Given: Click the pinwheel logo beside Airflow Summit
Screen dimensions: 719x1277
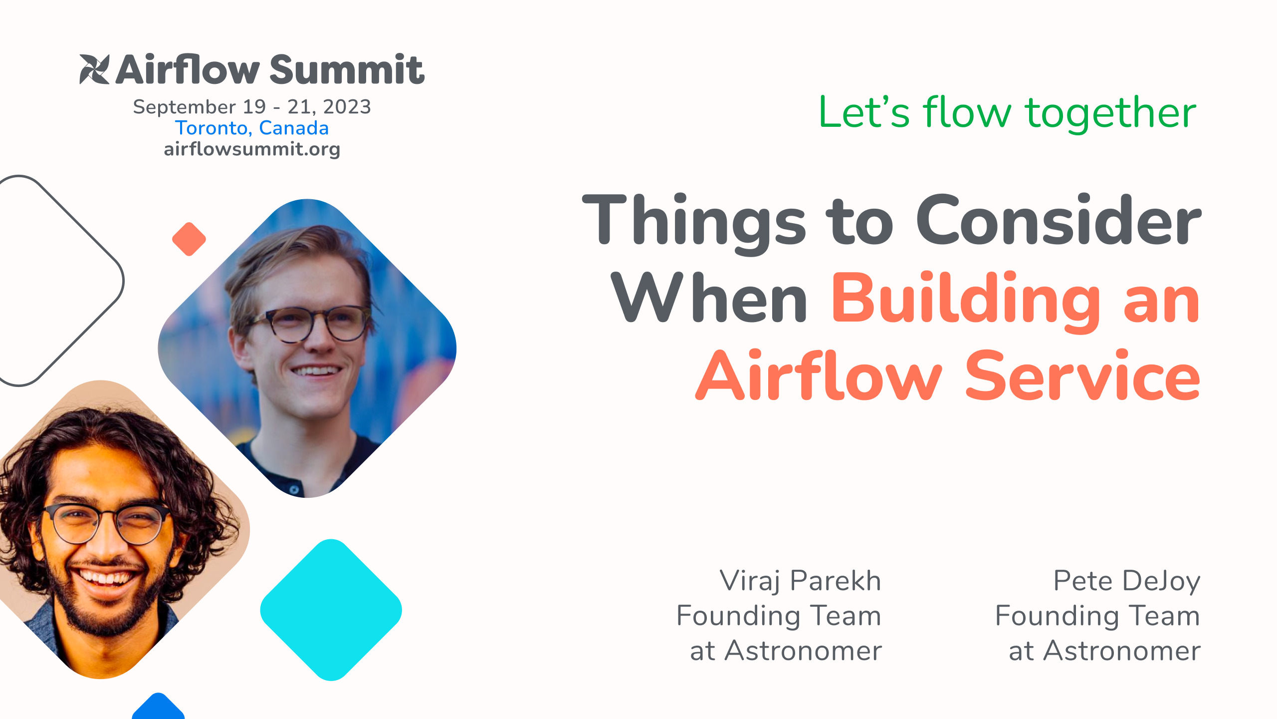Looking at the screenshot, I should click(94, 69).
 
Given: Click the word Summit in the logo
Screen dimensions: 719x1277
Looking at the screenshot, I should click(347, 70).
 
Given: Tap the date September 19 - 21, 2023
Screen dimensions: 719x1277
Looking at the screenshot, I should click(252, 107).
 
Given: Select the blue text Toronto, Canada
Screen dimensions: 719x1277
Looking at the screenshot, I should click(252, 128).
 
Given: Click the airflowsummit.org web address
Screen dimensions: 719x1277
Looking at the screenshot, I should click(252, 149).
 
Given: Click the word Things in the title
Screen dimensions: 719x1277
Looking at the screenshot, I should click(693, 221).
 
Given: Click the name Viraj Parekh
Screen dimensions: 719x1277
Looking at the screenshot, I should click(800, 581).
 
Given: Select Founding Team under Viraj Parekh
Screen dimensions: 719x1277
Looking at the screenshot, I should click(779, 616).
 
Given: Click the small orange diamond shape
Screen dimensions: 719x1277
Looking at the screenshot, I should click(189, 239).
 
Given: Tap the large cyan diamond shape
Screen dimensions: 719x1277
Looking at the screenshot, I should click(331, 610).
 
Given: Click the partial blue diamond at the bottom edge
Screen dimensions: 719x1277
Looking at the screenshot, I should click(158, 708).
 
